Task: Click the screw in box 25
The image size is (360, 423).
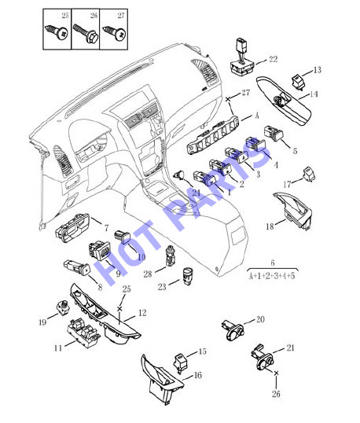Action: coord(57,32)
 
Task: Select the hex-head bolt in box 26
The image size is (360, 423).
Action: coord(86,34)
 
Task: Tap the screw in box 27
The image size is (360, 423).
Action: coord(115,33)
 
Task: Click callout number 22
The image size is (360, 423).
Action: coord(274,59)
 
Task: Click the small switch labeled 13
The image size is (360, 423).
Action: coord(298,82)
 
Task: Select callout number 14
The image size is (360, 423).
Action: coord(314,94)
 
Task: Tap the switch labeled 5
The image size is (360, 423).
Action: coord(274,134)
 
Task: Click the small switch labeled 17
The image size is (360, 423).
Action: coord(308,175)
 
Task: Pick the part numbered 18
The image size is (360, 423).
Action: coord(294,211)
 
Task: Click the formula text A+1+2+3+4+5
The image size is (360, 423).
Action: coord(272,276)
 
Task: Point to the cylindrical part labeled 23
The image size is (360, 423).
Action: coord(189,276)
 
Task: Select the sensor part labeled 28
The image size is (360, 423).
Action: coord(171,256)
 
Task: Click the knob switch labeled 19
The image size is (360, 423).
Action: coord(63,307)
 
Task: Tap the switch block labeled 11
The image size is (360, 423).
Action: coord(83,333)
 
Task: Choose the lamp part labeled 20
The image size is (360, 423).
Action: coord(233,329)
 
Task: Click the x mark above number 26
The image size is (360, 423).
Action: coord(276,373)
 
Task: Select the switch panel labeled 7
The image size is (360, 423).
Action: coord(73,228)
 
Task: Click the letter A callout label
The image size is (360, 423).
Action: coord(256,116)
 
